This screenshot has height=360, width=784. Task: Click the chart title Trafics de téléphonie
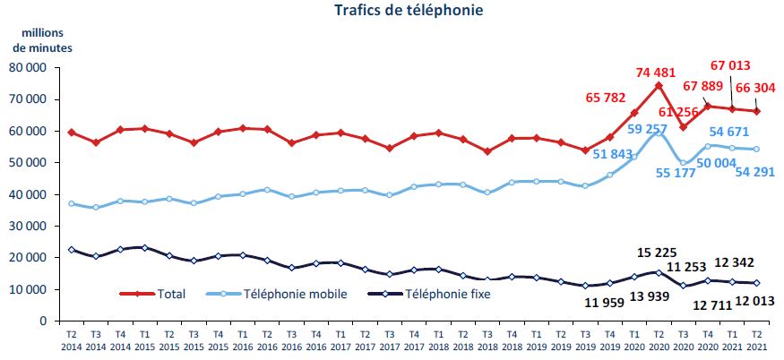coord(396,11)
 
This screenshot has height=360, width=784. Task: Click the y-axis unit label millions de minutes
coord(41,40)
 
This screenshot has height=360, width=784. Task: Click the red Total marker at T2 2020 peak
coord(659,85)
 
